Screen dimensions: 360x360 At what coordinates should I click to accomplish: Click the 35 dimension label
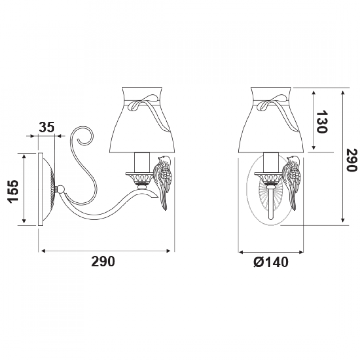(46, 127)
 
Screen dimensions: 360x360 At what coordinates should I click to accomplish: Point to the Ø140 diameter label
(271, 262)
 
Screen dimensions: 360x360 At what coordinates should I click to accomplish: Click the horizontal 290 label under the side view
(103, 261)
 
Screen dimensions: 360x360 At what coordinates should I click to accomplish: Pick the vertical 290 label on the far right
(352, 160)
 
